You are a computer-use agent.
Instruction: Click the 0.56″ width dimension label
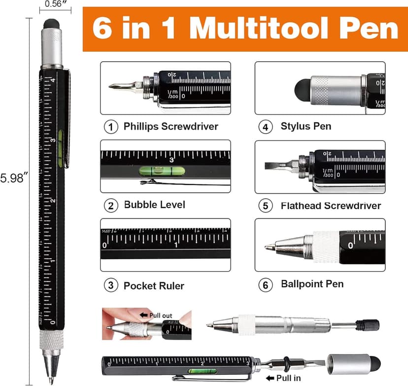tap(54, 4)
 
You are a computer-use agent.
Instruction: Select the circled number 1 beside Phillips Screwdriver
tap(111, 127)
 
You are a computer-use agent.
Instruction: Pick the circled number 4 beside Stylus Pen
tap(266, 127)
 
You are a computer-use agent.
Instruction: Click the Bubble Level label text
tap(154, 204)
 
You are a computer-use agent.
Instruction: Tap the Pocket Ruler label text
tap(154, 285)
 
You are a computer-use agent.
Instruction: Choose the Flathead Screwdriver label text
tap(330, 205)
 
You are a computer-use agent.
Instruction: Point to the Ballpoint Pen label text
tap(312, 283)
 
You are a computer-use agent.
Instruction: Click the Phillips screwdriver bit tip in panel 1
tap(114, 87)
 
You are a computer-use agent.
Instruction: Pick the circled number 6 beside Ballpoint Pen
tap(266, 284)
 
